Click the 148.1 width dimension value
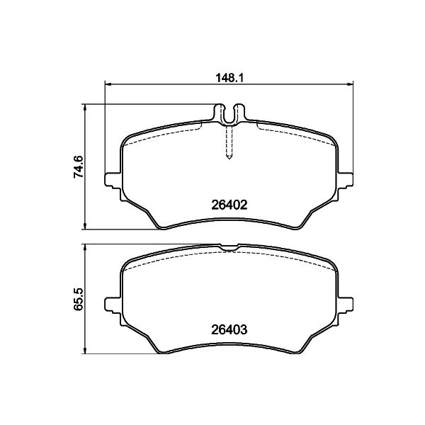229,78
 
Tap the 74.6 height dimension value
78,166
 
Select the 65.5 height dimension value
78,299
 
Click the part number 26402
229,205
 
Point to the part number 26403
229,329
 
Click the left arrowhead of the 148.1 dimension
108,84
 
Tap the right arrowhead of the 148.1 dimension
350,84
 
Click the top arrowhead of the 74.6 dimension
86,108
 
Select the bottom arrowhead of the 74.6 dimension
86,226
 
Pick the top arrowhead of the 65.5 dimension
86,247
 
